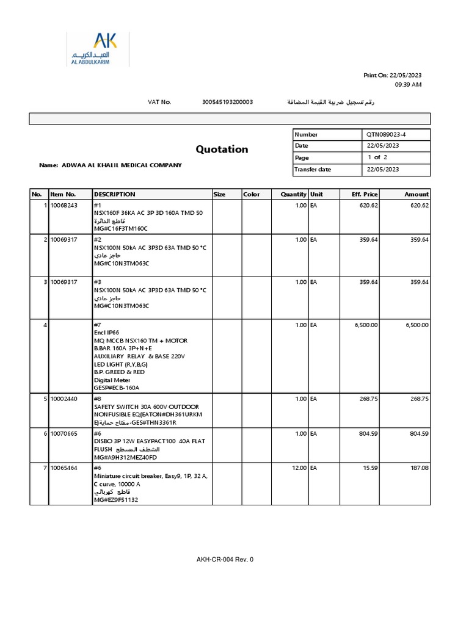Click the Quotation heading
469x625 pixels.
(222, 150)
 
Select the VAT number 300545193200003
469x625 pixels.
(227, 102)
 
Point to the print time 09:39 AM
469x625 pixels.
(408, 85)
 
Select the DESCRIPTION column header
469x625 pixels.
(114, 194)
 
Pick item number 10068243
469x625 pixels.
(64, 206)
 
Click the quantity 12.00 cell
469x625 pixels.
(299, 468)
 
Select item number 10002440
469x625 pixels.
(64, 399)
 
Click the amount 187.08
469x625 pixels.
(418, 468)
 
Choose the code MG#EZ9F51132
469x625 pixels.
(116, 500)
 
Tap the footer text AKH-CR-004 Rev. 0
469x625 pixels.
(225, 559)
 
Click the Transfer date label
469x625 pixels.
(313, 170)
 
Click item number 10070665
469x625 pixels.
(64, 434)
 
